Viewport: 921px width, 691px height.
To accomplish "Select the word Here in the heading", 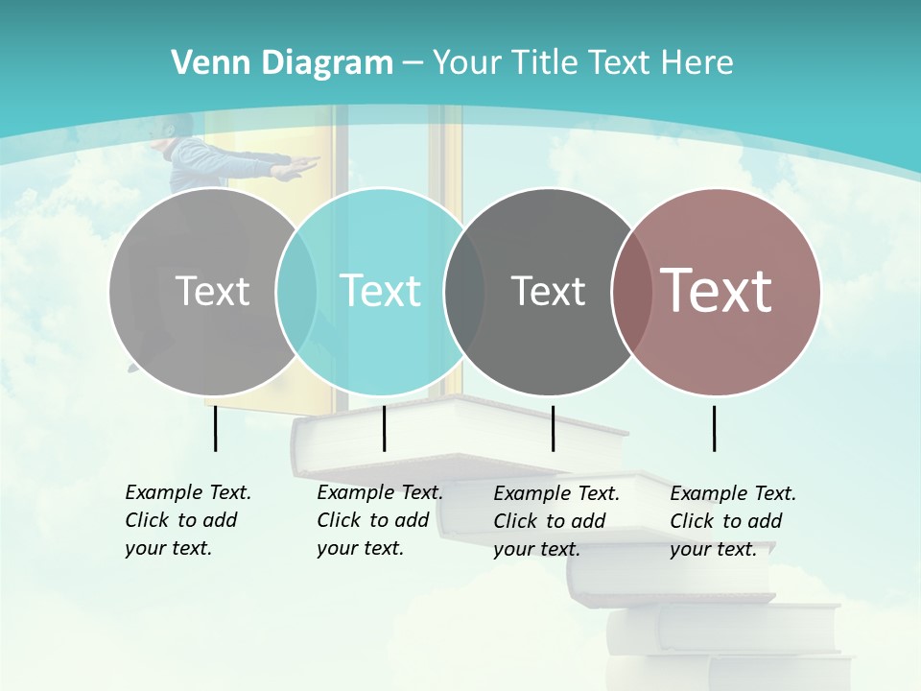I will coord(697,63).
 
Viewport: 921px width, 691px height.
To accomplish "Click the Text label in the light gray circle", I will coord(212,291).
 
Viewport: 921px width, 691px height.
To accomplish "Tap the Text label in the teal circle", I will coord(380,291).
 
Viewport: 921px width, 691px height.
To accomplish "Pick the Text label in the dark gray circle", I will coord(548,291).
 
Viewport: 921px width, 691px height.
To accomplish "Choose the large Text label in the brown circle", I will coord(717,291).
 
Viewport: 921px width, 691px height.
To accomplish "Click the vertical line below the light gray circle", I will coord(215,428).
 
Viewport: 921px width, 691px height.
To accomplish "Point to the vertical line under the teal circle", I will coord(384,428).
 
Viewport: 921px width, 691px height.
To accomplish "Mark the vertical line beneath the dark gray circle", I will coord(553,428).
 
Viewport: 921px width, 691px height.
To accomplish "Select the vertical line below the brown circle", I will coord(714,428).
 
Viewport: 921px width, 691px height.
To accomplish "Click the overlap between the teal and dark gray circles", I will coord(464,291).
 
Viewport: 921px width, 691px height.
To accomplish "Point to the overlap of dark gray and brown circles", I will coord(629,291).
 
